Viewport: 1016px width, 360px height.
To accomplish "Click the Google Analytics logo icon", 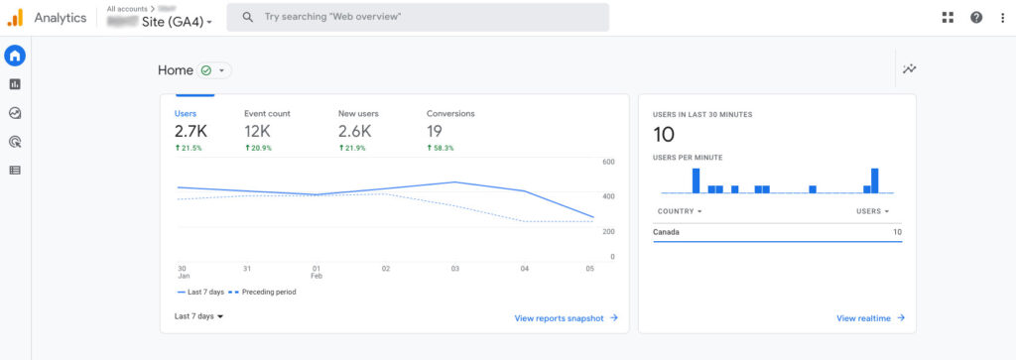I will coord(15,17).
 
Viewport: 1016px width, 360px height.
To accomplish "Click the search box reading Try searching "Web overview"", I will coord(417,17).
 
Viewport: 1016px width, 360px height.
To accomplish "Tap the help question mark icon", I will coord(976,17).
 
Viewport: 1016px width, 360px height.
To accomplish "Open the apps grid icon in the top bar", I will coord(948,17).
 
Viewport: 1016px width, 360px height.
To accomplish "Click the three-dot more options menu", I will coord(1002,17).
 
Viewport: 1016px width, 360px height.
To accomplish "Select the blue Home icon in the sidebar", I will coord(15,56).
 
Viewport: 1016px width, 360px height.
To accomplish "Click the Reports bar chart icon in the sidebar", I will coord(15,84).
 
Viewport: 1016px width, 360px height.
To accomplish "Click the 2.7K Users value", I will coord(190,131).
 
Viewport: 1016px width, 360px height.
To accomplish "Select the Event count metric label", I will coord(267,113).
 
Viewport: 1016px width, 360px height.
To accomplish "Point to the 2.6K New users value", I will coord(354,131).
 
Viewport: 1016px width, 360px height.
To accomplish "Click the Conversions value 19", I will coord(435,131).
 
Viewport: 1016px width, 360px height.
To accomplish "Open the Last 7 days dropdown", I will coord(198,316).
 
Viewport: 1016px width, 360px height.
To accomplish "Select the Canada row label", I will coord(666,232).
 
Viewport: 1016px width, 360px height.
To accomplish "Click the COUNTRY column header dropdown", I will coord(680,211).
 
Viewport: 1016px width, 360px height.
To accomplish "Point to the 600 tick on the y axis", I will coord(609,162).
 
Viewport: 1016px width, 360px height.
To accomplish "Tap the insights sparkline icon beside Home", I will coord(909,69).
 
